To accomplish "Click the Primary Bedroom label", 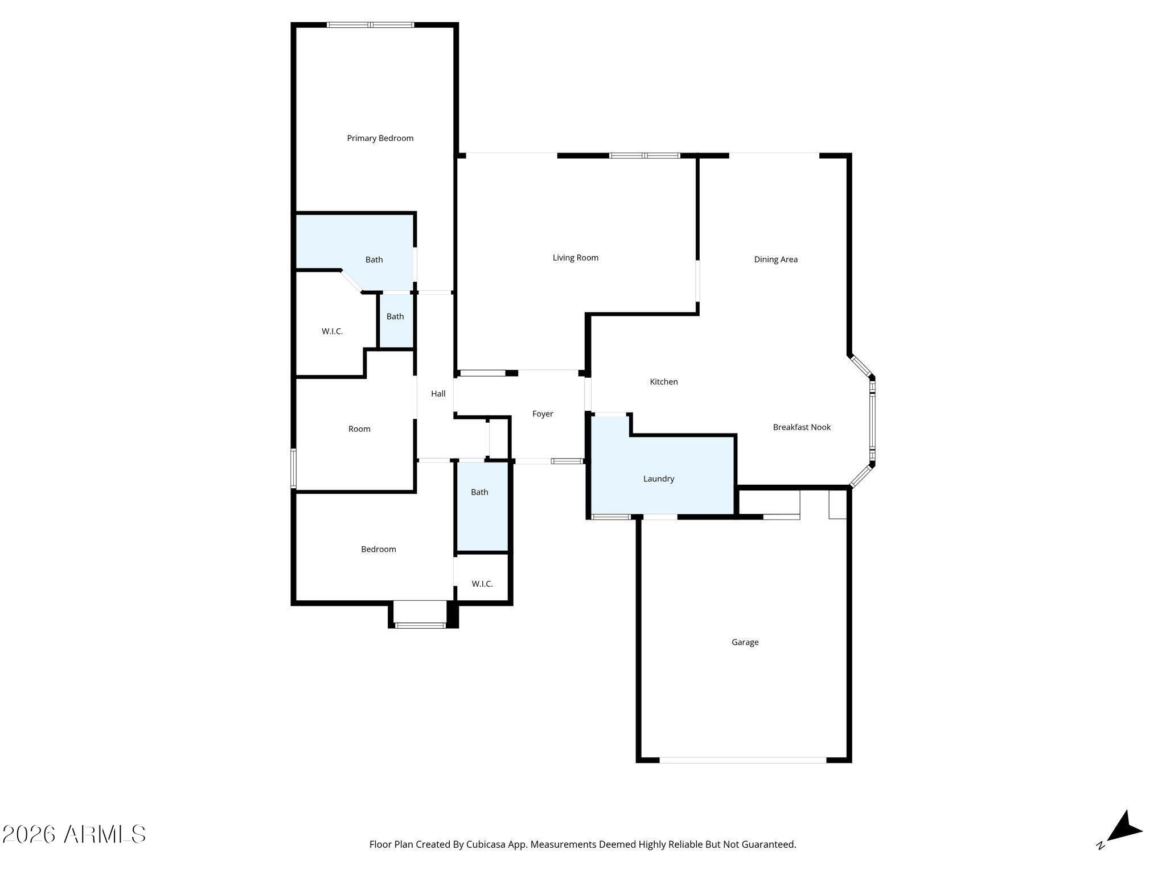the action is coord(380,138).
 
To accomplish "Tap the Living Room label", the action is coord(576,258).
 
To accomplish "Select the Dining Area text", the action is coord(776,259).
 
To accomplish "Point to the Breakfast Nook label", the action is coord(802,427).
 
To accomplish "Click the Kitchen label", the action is coord(664,382).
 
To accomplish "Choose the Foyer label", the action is coord(543,414).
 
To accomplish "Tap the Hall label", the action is coord(438,394).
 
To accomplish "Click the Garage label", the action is coord(745,642).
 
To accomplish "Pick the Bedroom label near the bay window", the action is coord(379,550).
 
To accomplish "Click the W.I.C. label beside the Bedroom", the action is coord(482,584).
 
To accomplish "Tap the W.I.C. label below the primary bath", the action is coord(332,331).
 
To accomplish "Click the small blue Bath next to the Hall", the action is coord(396,320).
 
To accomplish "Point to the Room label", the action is coord(359,429).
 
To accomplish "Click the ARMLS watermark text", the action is coord(105,835).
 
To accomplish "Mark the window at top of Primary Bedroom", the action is coord(371,24).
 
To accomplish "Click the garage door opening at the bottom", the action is coord(743,760).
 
